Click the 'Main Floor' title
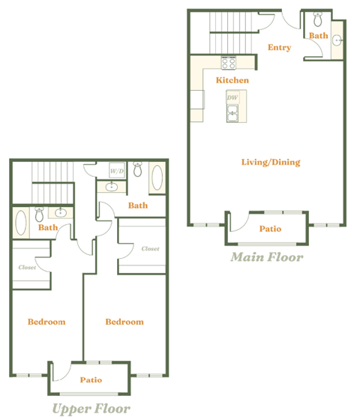point(266,257)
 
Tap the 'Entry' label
point(279,48)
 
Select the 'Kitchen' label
point(232,80)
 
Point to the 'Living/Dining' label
point(270,162)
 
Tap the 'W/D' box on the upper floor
point(117,172)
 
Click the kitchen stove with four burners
point(229,64)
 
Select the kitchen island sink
point(232,113)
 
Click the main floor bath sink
point(337,40)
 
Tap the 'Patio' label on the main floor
point(270,229)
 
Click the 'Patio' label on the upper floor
point(91,380)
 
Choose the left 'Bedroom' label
point(46,322)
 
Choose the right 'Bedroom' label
point(124,322)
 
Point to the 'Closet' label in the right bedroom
point(150,248)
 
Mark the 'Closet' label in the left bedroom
point(28,266)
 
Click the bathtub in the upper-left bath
point(20,223)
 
